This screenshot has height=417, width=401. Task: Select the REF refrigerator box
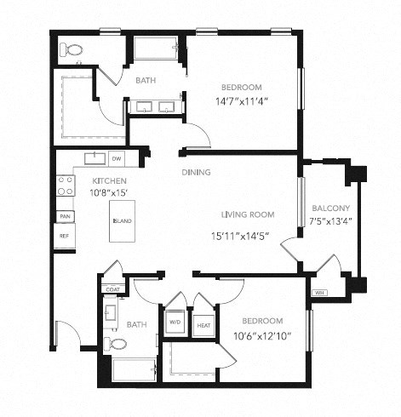[64, 236]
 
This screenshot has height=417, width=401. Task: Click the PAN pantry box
[64, 216]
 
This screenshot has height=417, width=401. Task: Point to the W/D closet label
[175, 323]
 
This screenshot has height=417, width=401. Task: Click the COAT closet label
[112, 288]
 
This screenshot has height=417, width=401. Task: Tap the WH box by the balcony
[320, 292]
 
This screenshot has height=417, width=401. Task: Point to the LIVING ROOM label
[246, 214]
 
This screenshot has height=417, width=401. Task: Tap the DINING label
[196, 173]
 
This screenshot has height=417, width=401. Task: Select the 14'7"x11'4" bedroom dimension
[241, 102]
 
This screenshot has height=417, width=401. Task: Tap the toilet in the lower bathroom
[117, 345]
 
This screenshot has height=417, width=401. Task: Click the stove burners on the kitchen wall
[64, 186]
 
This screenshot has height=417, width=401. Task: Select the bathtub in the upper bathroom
[155, 48]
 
